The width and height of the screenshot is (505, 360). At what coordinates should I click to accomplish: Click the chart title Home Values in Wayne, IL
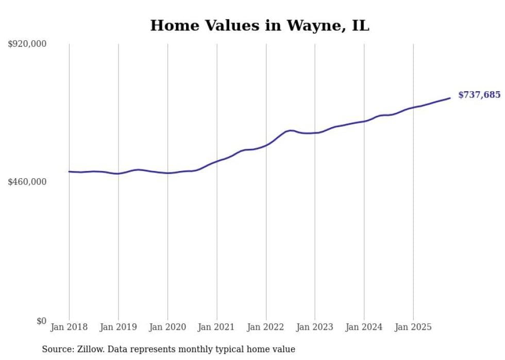tap(260, 25)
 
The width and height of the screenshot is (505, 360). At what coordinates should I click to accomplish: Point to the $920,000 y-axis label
tap(27, 44)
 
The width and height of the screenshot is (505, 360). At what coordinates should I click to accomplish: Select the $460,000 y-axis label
tap(27, 182)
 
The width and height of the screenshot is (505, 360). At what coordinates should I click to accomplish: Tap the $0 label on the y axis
tap(41, 321)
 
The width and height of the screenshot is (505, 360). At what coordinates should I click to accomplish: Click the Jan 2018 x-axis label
tap(69, 327)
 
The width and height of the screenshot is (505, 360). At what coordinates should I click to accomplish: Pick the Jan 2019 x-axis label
tap(118, 327)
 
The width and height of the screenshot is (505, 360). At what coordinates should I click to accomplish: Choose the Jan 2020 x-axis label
tap(167, 327)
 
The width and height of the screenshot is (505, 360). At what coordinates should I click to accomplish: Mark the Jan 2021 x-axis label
tap(216, 327)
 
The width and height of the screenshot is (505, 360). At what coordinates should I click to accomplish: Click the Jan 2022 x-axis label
tap(266, 327)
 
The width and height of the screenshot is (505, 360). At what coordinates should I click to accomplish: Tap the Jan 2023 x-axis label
tap(315, 327)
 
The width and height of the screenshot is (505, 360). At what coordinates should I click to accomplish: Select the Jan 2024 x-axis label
tap(364, 327)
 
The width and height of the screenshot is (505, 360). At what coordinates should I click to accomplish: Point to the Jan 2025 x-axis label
tap(413, 327)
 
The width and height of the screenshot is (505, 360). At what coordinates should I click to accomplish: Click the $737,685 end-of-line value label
tap(479, 95)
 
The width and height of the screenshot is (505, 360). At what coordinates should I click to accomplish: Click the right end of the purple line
tap(450, 98)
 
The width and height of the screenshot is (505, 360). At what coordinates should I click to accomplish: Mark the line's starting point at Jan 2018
tap(69, 172)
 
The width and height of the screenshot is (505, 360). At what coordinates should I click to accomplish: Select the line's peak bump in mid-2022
tap(291, 130)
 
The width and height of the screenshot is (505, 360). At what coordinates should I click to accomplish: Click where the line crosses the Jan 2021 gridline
tap(217, 161)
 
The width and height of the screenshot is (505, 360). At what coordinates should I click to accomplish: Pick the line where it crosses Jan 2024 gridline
tap(364, 121)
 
